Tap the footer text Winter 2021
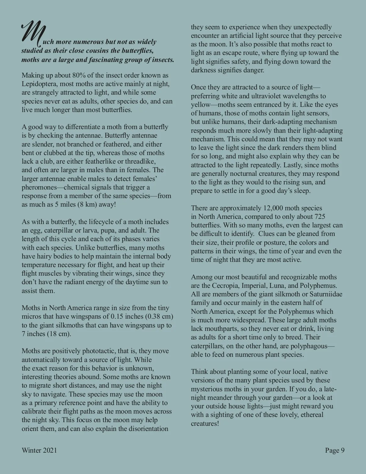pos(39,450)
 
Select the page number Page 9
pos(335,450)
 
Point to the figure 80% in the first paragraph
pos(79,75)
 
